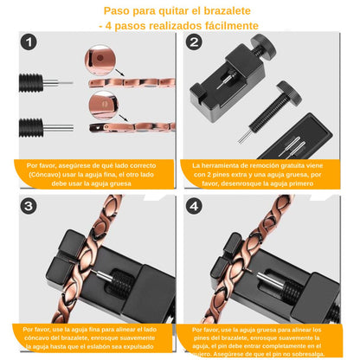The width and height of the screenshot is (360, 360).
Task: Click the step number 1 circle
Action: pyautogui.click(x=31, y=43)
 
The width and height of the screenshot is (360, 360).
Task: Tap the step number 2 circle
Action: pyautogui.click(x=194, y=43)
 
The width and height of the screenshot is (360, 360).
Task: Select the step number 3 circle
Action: pyautogui.click(x=31, y=207)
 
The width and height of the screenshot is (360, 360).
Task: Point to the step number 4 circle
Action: pyautogui.click(x=194, y=207)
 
